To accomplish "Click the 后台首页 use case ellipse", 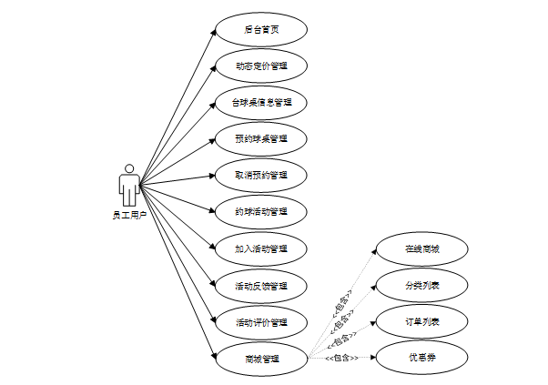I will [x=261, y=29].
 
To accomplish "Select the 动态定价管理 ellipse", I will [x=261, y=66].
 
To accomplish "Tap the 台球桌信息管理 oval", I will [x=261, y=102].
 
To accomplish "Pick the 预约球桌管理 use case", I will [x=261, y=138].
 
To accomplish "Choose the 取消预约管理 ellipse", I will [x=261, y=175].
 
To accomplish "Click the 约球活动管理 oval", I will [x=261, y=212].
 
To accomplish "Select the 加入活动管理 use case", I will [x=261, y=248].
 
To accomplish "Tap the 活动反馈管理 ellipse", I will [x=261, y=285].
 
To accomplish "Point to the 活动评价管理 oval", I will [x=261, y=321].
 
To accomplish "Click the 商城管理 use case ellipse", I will [x=261, y=358].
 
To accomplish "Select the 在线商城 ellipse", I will [x=421, y=248].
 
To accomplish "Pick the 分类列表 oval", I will [x=421, y=285].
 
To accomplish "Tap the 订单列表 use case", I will [x=421, y=321].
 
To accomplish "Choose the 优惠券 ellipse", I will [x=421, y=358].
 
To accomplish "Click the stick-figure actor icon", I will [x=129, y=186].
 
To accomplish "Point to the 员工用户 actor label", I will [x=129, y=215].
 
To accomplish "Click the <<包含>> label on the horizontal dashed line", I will [x=341, y=358].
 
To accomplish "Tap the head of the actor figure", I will [x=129, y=168].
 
